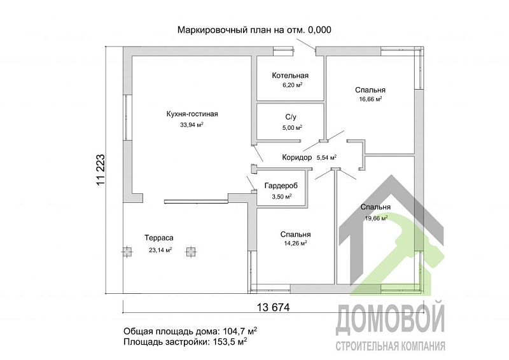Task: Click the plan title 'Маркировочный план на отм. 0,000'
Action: pos(254,30)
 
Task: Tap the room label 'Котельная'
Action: pos(290,76)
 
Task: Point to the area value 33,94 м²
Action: pos(192,125)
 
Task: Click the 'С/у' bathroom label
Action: pos(291,118)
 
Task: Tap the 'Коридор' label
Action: pos(296,157)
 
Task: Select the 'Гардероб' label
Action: pos(281,186)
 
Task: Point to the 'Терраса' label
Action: pos(158,238)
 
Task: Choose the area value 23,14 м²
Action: pos(160,250)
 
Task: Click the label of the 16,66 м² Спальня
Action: pos(370,90)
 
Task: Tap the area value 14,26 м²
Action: pos(295,243)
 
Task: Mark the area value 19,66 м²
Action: pos(375,218)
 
